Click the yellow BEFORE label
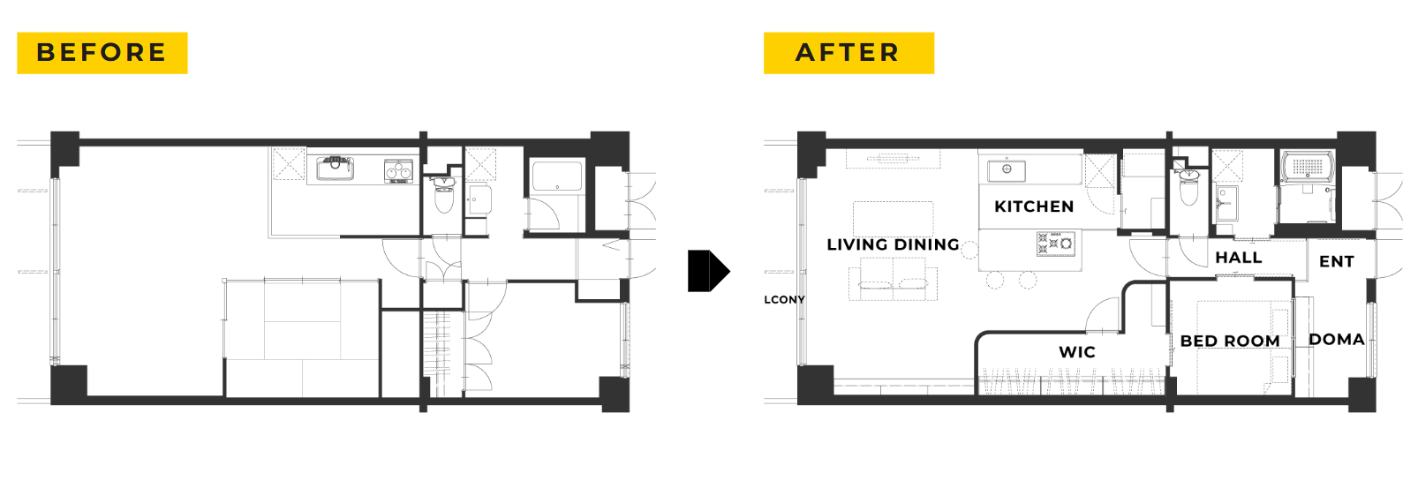pyautogui.click(x=102, y=53)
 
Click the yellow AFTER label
pyautogui.click(x=849, y=53)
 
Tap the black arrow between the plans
pyautogui.click(x=708, y=271)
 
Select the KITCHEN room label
pyautogui.click(x=1034, y=206)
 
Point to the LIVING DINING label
pyautogui.click(x=893, y=244)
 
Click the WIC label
pyautogui.click(x=1077, y=352)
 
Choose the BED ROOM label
pyautogui.click(x=1230, y=342)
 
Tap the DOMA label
pyautogui.click(x=1337, y=339)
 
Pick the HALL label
pyautogui.click(x=1239, y=258)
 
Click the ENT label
pyautogui.click(x=1337, y=261)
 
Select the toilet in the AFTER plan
pyautogui.click(x=1188, y=188)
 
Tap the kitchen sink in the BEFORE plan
pyautogui.click(x=335, y=169)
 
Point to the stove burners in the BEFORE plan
pyautogui.click(x=398, y=171)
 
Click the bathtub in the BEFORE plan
pyautogui.click(x=557, y=176)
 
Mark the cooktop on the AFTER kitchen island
pyautogui.click(x=1055, y=244)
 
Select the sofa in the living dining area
pyautogui.click(x=893, y=282)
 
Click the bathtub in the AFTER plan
pyautogui.click(x=1308, y=167)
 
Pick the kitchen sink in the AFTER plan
pyautogui.click(x=1007, y=169)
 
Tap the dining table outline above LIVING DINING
pyautogui.click(x=893, y=219)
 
